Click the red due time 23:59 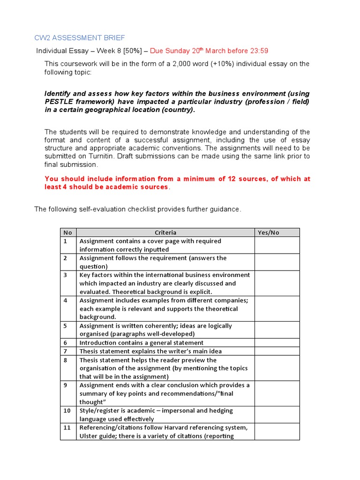click(x=259, y=51)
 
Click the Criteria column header click(x=165, y=232)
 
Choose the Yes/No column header click(x=268, y=232)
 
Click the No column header click(x=68, y=232)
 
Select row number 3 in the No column click(x=66, y=275)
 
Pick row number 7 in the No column click(x=66, y=351)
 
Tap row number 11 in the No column click(x=67, y=427)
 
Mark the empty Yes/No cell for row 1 click(x=277, y=245)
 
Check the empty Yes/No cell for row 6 click(x=277, y=343)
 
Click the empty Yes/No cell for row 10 click(x=277, y=414)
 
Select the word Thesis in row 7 click(x=89, y=351)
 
